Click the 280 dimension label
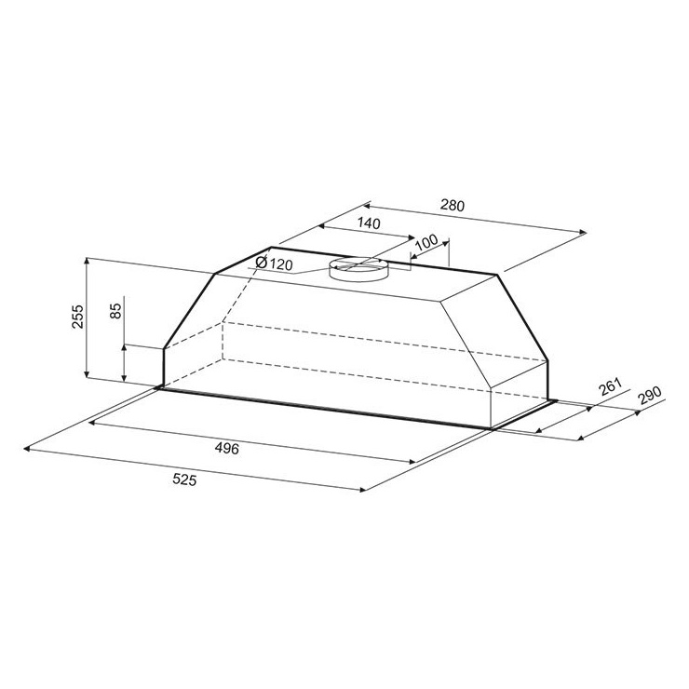pyautogui.click(x=453, y=205)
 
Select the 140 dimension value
pyautogui.click(x=368, y=223)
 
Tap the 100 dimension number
pyautogui.click(x=426, y=242)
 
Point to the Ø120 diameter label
pyautogui.click(x=274, y=263)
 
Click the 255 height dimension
pyautogui.click(x=77, y=317)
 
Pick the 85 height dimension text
pyautogui.click(x=115, y=311)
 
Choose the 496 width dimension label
pyautogui.click(x=227, y=448)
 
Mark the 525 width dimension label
pyautogui.click(x=184, y=480)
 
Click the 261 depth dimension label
pyautogui.click(x=611, y=386)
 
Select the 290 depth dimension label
pyautogui.click(x=649, y=396)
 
